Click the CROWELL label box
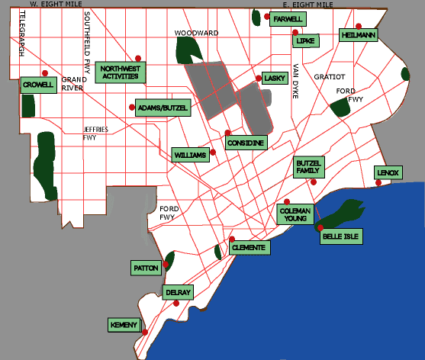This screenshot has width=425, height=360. (x=38, y=85)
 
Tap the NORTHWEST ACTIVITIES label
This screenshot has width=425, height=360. (x=122, y=72)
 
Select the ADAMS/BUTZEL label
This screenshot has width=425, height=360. (x=161, y=108)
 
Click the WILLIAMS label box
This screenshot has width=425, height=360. (x=191, y=155)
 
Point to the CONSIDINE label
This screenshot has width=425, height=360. (x=246, y=143)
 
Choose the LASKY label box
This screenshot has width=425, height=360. (x=273, y=79)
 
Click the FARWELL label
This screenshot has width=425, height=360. (x=288, y=19)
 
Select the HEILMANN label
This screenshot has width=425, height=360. (x=359, y=35)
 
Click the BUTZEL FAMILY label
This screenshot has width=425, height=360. (x=309, y=167)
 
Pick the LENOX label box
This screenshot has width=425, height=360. (x=388, y=173)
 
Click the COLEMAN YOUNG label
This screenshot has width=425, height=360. (x=293, y=214)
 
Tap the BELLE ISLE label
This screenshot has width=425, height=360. (x=341, y=236)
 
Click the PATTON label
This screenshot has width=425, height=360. (x=146, y=268)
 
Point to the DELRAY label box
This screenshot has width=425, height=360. (x=178, y=292)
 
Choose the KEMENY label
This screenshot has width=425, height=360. (x=124, y=326)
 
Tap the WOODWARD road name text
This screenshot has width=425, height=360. (x=196, y=33)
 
